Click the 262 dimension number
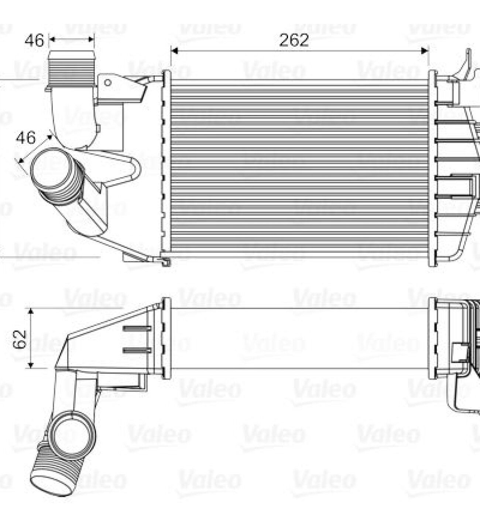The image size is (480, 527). [x=294, y=40]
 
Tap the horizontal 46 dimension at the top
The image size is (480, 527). [x=34, y=40]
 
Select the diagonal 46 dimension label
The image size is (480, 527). [x=26, y=138]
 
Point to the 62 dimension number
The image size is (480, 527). [x=20, y=339]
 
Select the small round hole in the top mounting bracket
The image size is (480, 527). [x=107, y=83]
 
